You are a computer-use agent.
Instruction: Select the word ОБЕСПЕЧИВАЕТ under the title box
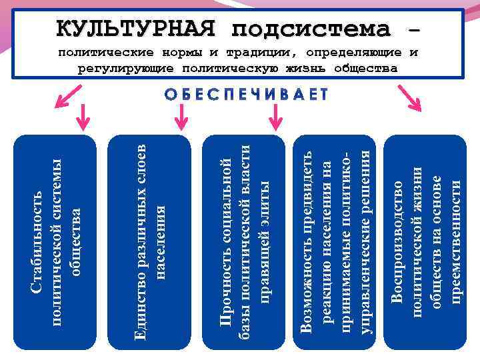tap(246, 94)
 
